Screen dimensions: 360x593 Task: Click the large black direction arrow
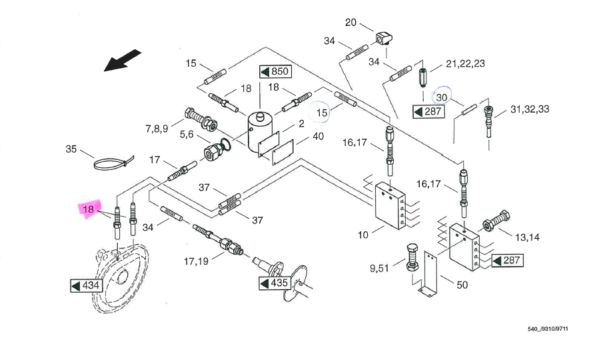coord(124,59)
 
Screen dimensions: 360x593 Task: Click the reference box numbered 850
coord(274,72)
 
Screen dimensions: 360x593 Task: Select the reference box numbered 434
coord(85,286)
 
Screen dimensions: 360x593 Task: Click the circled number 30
coord(442,97)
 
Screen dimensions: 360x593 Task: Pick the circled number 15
coord(322,112)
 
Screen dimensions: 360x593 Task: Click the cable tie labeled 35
coord(113,163)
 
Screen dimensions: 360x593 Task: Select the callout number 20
coord(351,23)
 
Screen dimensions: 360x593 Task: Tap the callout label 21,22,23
coord(465,64)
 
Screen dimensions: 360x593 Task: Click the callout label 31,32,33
coord(530,109)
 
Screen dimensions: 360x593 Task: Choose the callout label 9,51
coord(381,269)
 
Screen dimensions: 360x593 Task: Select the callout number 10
coord(363,235)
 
